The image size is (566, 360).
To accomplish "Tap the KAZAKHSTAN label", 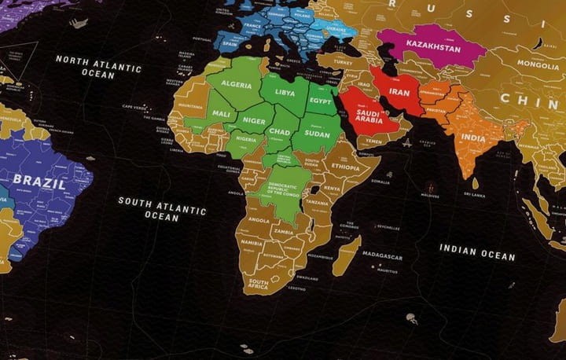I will (x=433, y=48).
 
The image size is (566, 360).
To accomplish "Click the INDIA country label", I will (x=473, y=138).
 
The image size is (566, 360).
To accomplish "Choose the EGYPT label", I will (x=322, y=101).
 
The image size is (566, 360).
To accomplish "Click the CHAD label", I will (x=280, y=132).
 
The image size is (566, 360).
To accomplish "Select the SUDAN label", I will (x=318, y=134).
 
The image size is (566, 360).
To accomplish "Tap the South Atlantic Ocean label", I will (x=162, y=208).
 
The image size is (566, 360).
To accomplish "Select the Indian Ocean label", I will (x=477, y=252).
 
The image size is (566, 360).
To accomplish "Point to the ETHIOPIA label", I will (x=346, y=167).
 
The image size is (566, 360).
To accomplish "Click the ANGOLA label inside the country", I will (x=259, y=221).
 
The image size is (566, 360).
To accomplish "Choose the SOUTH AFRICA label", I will (x=259, y=283).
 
